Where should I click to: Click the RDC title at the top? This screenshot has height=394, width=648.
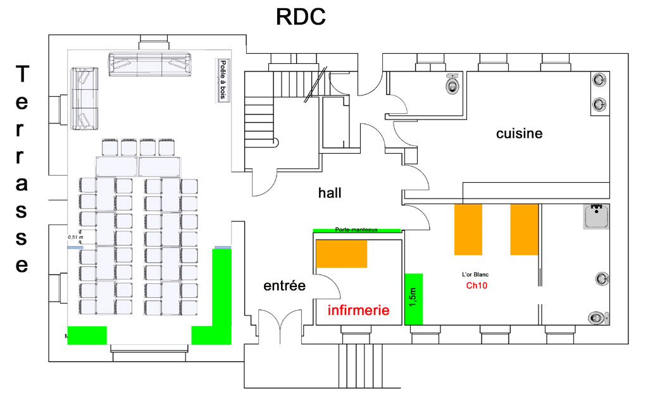(301, 16)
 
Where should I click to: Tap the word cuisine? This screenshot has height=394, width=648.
(519, 133)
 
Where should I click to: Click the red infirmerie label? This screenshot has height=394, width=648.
(358, 311)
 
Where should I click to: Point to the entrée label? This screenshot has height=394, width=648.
(284, 286)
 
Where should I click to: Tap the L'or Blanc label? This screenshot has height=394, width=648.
(475, 274)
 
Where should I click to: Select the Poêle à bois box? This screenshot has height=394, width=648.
(222, 80)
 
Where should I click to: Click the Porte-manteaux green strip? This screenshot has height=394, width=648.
(356, 230)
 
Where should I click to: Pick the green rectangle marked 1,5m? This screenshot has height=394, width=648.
(413, 299)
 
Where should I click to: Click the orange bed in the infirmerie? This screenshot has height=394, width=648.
(342, 254)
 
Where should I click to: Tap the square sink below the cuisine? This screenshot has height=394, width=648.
(595, 217)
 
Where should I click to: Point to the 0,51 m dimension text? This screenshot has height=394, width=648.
(76, 237)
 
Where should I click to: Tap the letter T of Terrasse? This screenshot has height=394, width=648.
(22, 75)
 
